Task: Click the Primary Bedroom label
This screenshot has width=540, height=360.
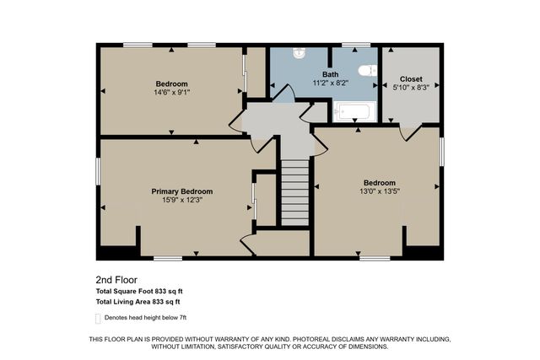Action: point(176,191)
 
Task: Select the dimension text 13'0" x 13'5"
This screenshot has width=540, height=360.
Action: point(380,191)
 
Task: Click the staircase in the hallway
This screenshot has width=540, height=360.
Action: point(294,194)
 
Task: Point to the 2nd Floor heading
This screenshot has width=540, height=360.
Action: point(116,279)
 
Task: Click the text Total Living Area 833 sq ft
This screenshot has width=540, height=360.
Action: point(138,301)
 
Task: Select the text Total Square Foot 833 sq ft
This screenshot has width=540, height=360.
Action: point(138,291)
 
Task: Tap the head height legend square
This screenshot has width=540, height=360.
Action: point(99,318)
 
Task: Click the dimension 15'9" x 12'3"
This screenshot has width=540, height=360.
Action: point(176,200)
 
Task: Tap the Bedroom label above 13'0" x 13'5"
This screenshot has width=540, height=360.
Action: point(380,183)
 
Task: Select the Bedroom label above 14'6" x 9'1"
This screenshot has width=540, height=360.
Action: point(171,83)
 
